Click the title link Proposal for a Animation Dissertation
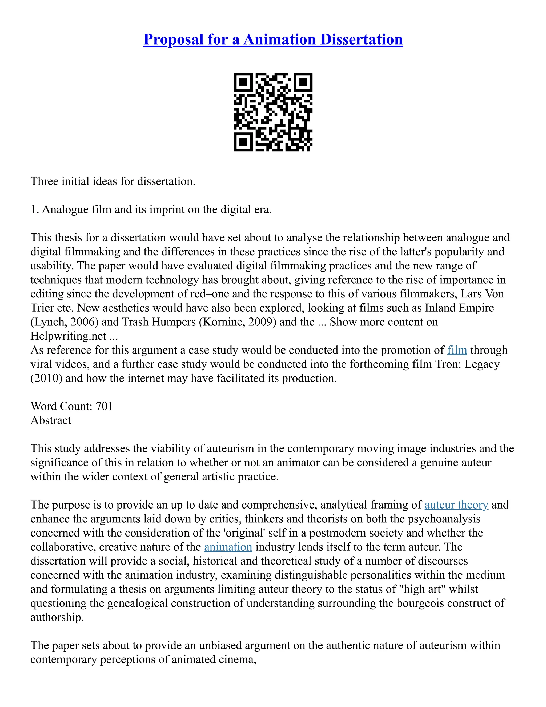(273, 39)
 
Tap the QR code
(273, 112)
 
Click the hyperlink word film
(457, 350)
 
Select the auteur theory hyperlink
(456, 505)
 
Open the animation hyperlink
(228, 547)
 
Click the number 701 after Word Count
(104, 406)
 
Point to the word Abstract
(51, 420)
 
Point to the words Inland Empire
(459, 308)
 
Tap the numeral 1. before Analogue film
(35, 210)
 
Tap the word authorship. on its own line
(57, 617)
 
